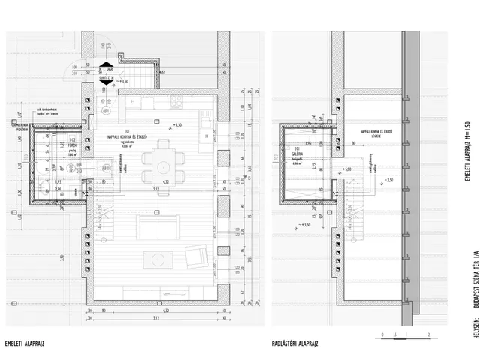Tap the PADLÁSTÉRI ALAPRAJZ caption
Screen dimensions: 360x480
296,343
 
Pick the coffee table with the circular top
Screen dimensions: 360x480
158,259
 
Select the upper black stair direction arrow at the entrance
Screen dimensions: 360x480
107,64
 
